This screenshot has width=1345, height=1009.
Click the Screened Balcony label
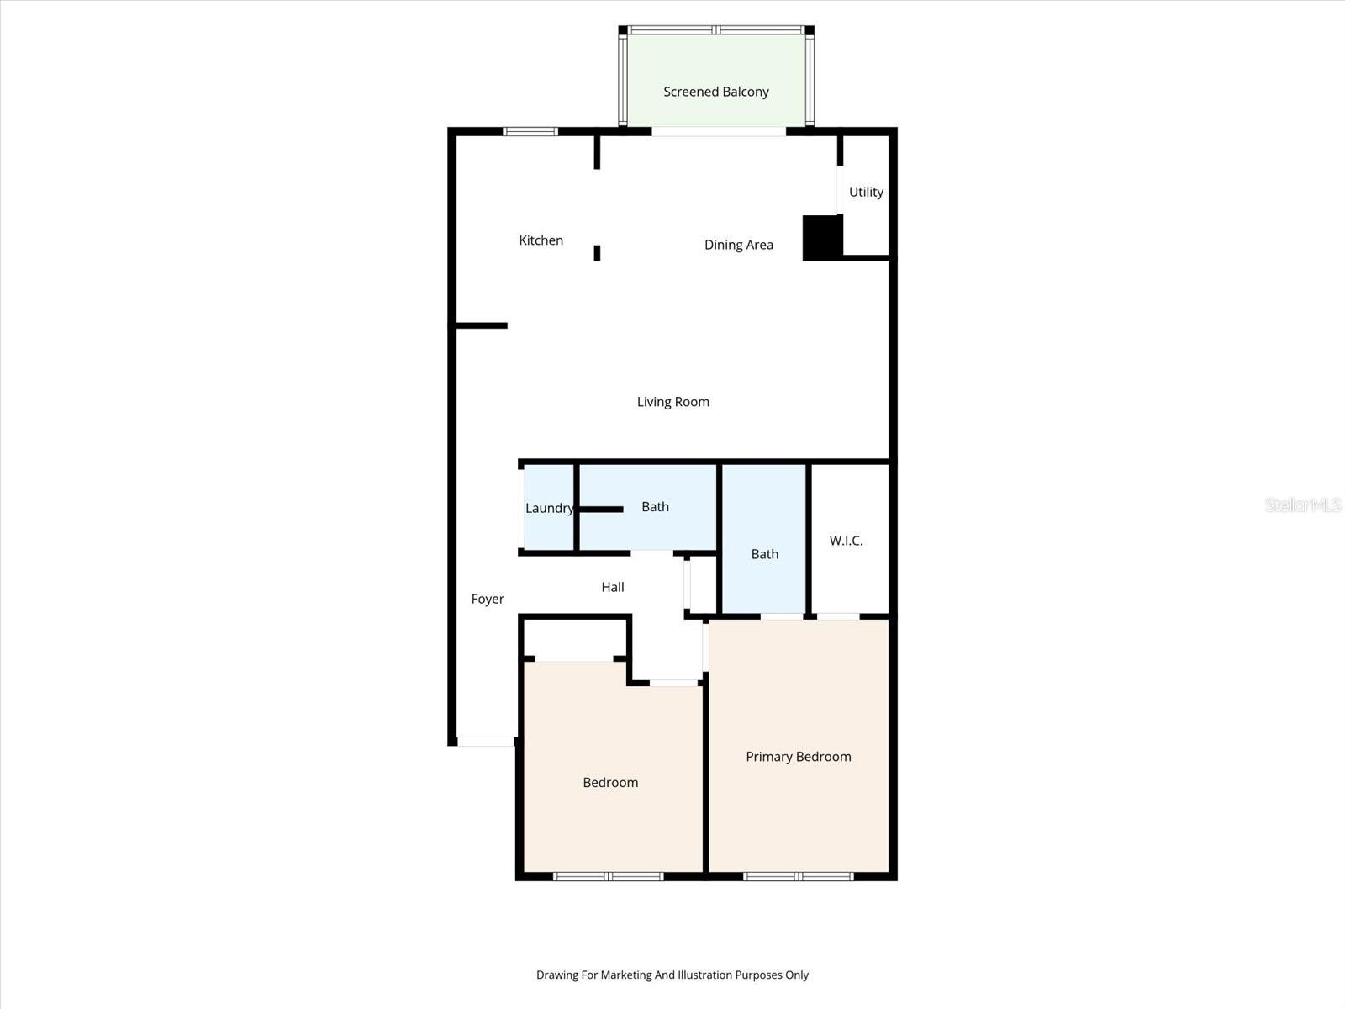pos(715,92)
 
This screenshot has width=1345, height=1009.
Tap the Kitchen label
pos(541,240)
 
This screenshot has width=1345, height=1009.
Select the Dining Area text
pos(738,245)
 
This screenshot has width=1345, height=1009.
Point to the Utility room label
pos(866,192)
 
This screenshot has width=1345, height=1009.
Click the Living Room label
pos(672,402)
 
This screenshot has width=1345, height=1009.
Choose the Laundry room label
pos(549,508)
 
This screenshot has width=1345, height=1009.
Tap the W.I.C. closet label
pos(846,541)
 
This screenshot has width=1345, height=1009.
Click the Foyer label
pos(488,599)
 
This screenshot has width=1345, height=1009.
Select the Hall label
pos(613,587)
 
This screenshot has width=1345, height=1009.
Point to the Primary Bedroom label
pos(798,757)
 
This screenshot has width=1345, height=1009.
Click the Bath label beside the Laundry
pos(655,506)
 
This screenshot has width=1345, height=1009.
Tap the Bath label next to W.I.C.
pos(764,554)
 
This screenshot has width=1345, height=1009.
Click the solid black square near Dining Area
pos(822,238)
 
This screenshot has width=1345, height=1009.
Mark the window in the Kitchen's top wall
pos(530,131)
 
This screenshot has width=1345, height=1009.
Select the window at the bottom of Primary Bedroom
pos(798,877)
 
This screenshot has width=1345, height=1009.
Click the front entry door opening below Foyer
pos(485,742)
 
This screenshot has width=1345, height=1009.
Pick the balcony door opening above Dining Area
pos(719,131)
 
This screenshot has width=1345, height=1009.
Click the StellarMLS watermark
pos(1302,504)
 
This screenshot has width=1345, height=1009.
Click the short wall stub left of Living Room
pos(482,325)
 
